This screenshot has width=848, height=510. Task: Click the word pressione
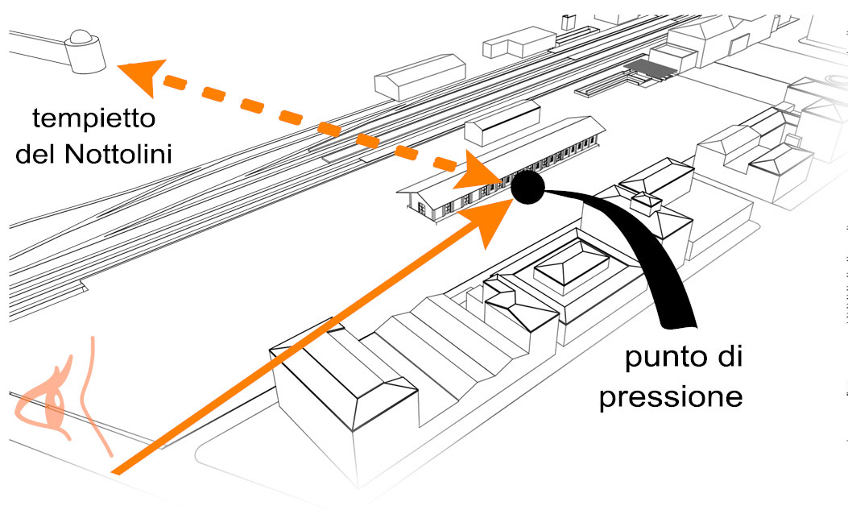point(670,398)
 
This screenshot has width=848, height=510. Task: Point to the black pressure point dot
point(528,187)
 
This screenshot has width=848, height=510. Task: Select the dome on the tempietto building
point(81,36)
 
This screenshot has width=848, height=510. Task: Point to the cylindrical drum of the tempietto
point(86,54)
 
